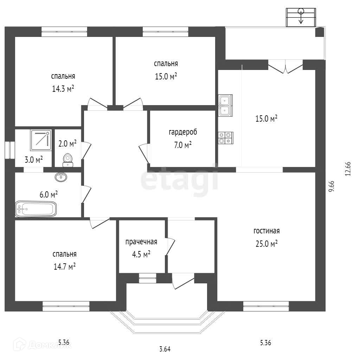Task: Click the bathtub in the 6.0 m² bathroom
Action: pos(36,209)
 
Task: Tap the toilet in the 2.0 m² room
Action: pos(67,160)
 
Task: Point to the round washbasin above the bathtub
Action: pos(62,176)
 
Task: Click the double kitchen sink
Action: pos(224,105)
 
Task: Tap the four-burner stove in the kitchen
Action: pos(225,137)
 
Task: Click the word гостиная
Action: pos(266,231)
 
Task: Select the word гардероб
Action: pos(182,132)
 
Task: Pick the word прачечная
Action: pos(141,242)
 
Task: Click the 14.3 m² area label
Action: pos(63,89)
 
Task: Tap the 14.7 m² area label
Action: pos(64,267)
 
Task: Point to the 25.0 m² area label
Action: pos(266,244)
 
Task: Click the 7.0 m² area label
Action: pos(182,144)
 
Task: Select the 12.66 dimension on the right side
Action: pos(348,168)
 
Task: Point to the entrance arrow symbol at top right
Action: pos(301,17)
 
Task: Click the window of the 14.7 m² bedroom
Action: pos(66,306)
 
